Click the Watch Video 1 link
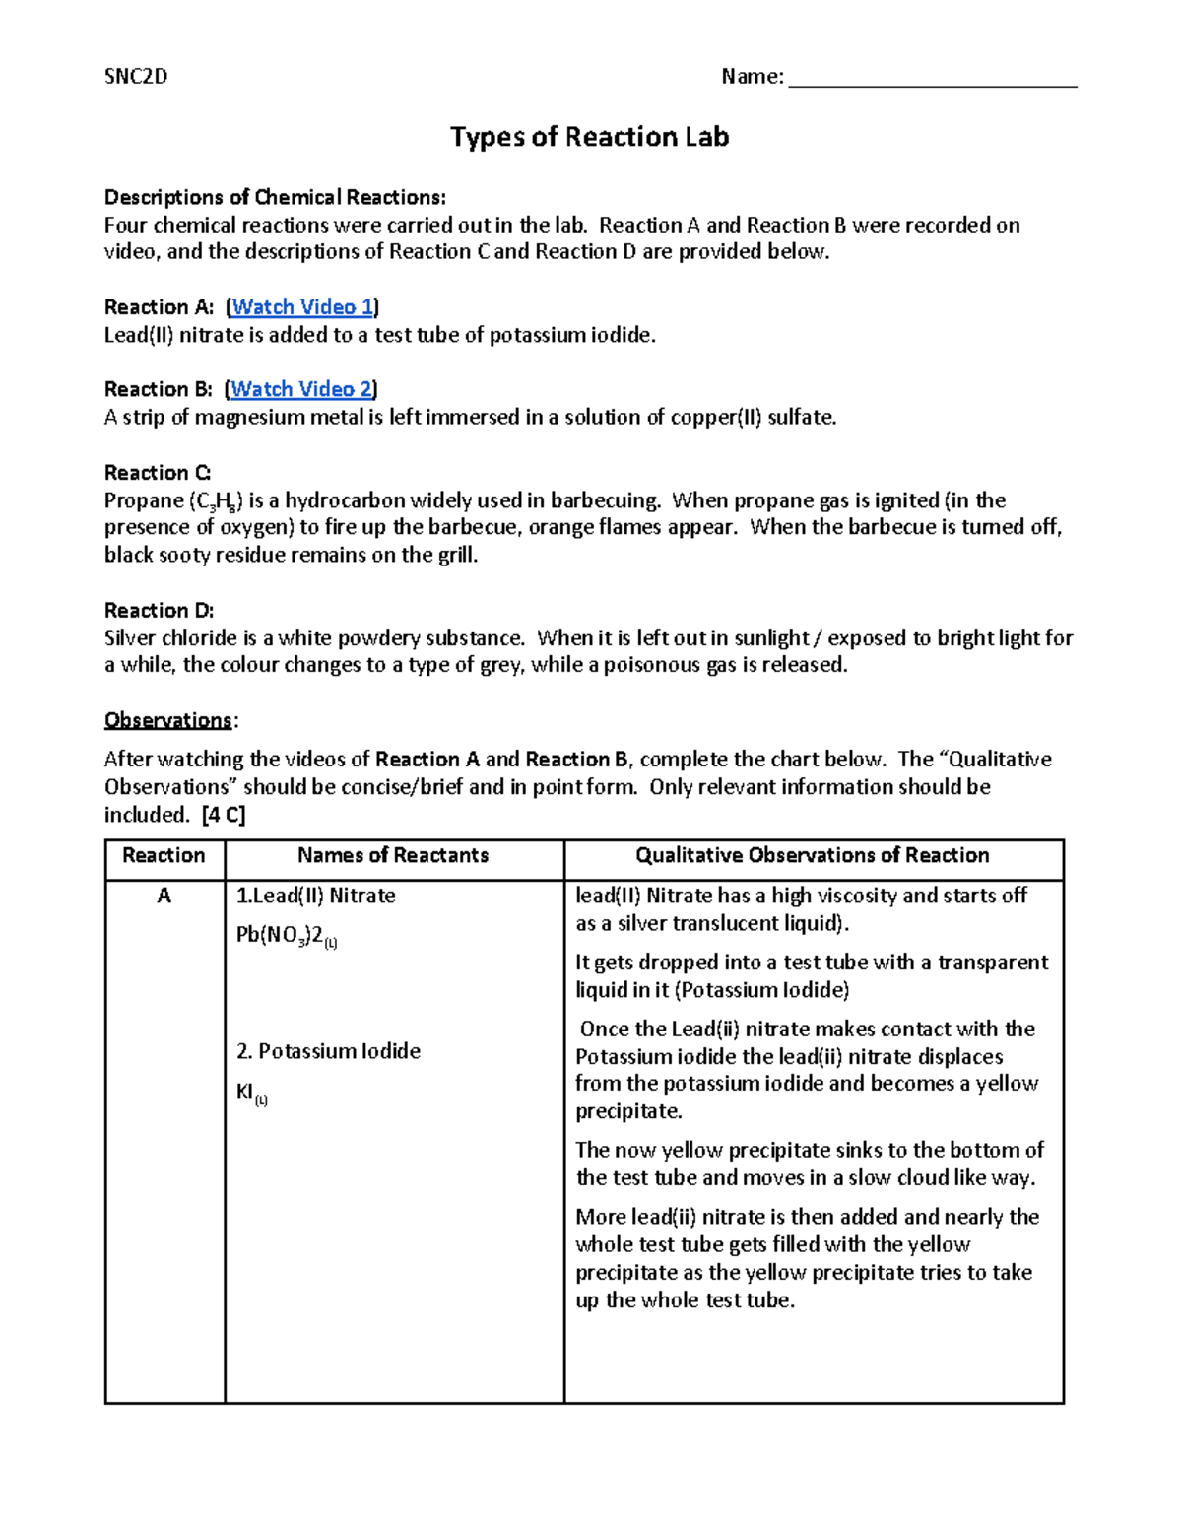[302, 307]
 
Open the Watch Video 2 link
[301, 389]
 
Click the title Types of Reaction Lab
[589, 137]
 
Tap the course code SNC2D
[136, 77]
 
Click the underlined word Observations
[167, 721]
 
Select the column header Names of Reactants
[393, 856]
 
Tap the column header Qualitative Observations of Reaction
[812, 856]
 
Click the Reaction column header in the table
[164, 856]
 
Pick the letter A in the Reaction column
[164, 897]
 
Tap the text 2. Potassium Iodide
[328, 1052]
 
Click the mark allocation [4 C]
[223, 815]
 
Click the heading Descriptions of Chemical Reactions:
[275, 198]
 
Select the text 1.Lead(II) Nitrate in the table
[315, 897]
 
